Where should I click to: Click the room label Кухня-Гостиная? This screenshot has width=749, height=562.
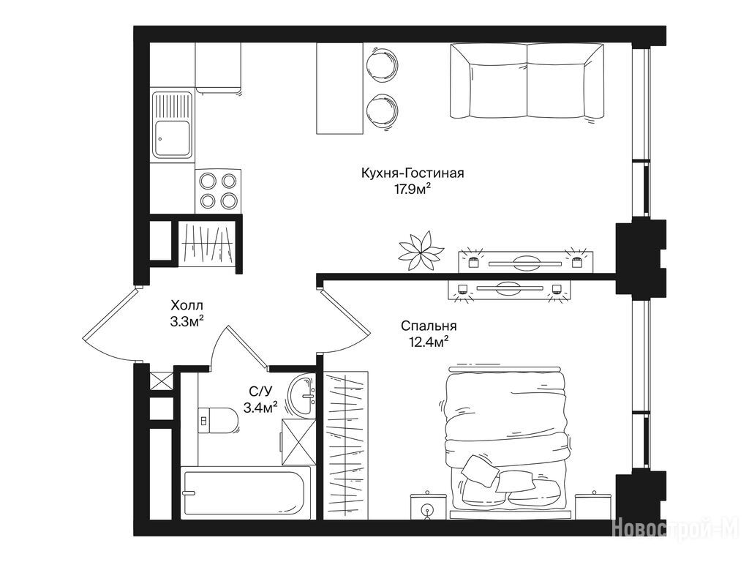pyautogui.click(x=413, y=173)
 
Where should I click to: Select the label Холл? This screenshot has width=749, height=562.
pyautogui.click(x=187, y=305)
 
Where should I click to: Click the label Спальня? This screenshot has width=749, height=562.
pyautogui.click(x=429, y=326)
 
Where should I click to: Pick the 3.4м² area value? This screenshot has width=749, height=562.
pyautogui.click(x=261, y=408)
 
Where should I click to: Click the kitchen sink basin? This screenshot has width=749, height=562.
pyautogui.click(x=172, y=138)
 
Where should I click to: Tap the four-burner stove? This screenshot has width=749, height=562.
pyautogui.click(x=218, y=192)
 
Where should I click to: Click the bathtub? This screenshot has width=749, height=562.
pyautogui.click(x=246, y=492)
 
